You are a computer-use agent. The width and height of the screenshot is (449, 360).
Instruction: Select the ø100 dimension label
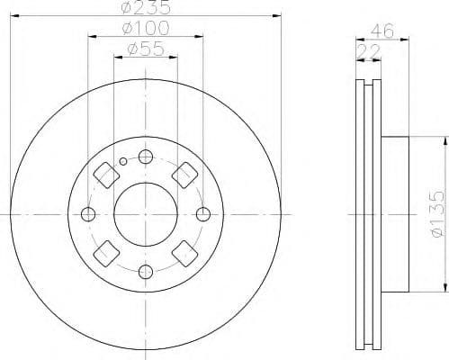pyautogui.click(x=145, y=31)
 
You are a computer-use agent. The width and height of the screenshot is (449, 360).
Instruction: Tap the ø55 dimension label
pyautogui.click(x=145, y=51)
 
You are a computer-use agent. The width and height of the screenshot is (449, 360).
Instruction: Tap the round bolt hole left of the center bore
pyautogui.click(x=87, y=214)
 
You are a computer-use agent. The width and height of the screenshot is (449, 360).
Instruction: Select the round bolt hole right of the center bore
pyautogui.click(x=203, y=214)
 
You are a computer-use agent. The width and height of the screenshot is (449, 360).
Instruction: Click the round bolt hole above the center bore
pyautogui.click(x=145, y=157)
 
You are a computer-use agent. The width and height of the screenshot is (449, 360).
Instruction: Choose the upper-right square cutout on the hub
pyautogui.click(x=186, y=174)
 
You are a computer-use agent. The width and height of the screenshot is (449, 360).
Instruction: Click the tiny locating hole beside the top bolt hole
pyautogui.click(x=124, y=161)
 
